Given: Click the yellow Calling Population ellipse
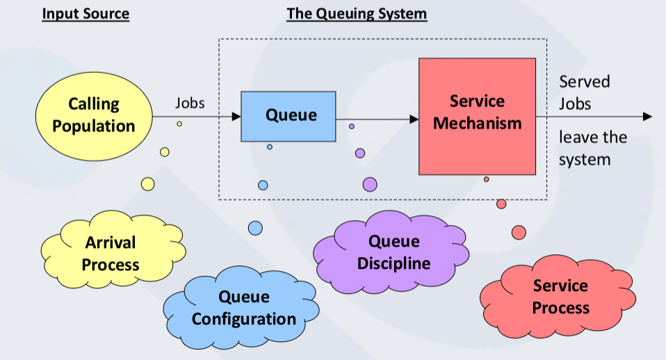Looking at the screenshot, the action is coord(94,116).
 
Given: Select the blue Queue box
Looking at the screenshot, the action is coord(289,116).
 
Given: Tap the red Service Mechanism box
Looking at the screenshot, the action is coord(478,116).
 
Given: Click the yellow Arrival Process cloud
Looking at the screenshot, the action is coord(113,249).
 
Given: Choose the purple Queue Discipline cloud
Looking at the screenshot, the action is coord(391,252).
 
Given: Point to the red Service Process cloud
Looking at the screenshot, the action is coord(558,297).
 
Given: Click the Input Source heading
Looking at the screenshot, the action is coord(86,14).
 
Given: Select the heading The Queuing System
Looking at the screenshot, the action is coord(357,14).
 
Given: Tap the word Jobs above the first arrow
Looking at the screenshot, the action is coord(190,103).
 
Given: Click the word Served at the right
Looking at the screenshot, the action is coord(585,81).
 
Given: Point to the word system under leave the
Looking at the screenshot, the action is coord(585,160).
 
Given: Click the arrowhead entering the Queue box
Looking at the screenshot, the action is coord(236,116).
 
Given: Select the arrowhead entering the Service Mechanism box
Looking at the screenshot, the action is coord(414,120).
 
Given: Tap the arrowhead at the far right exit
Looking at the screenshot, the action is coord(648,116).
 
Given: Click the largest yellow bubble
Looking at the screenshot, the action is coord(148,184).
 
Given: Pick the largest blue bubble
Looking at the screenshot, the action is coord(255,228).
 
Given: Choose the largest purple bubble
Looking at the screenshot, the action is coord(370,185).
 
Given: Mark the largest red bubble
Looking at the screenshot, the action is coord(519,233).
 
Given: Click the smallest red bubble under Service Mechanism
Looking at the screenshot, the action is coord(487,179).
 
